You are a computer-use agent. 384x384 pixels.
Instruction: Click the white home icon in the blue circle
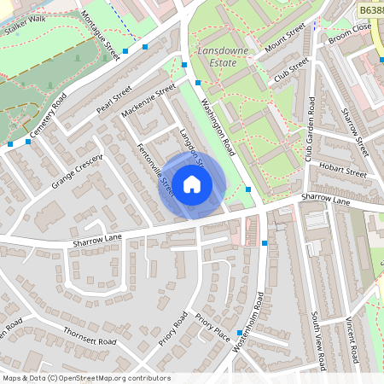coord(192,184)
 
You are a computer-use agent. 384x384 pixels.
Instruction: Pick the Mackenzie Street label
coord(148,101)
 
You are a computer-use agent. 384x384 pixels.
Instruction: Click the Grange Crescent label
coord(77,171)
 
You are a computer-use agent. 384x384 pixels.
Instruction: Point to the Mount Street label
coord(285,38)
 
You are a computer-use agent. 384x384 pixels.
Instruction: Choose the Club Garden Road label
coord(311,129)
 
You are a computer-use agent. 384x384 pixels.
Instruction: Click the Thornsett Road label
coord(90,335)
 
